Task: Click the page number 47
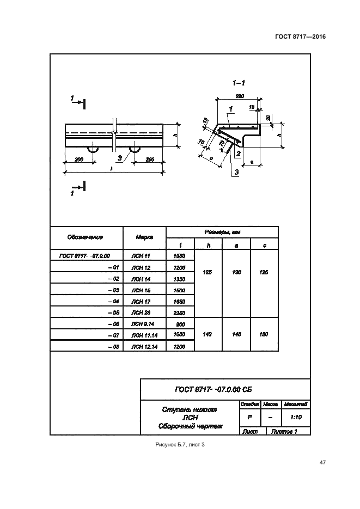tap(322, 463)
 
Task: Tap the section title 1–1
tap(238, 83)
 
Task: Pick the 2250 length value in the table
tap(179, 313)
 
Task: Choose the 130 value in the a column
tap(236, 272)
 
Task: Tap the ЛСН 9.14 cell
tap(141, 324)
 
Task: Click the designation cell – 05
tap(113, 313)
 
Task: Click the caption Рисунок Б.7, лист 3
tap(180, 446)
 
